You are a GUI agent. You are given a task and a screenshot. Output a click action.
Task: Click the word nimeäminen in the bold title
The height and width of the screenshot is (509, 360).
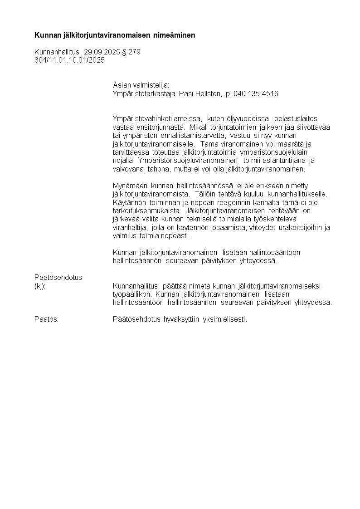[x=174, y=35]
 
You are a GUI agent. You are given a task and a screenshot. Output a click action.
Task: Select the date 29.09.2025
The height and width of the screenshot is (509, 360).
[x=102, y=52]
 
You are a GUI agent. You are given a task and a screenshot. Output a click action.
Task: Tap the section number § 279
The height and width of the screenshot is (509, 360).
[x=131, y=52]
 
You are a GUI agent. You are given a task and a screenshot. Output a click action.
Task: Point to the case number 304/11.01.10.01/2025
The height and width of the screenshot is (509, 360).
[x=69, y=60]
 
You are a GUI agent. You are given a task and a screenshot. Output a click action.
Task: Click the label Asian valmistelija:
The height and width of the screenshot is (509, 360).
[x=141, y=85]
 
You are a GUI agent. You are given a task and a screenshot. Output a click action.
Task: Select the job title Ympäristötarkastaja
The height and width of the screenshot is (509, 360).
[x=144, y=93]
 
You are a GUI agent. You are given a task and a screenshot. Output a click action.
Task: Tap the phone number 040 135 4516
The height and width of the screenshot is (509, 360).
[x=256, y=93]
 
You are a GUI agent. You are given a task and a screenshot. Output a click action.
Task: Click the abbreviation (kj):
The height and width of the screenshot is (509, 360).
[x=40, y=286]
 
